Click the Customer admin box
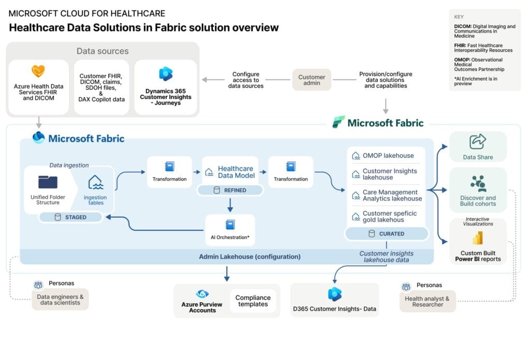coord(312,80)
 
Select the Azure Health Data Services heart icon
coord(38,71)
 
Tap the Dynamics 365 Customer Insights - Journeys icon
coord(166,74)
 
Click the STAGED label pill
coord(70,217)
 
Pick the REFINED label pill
coord(230,190)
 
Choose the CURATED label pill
coord(386,234)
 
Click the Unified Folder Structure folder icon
coord(48,182)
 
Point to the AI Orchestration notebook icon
coord(230,225)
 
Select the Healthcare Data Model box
coord(230,172)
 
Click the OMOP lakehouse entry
coord(387,155)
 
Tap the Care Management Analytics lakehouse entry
coord(387,195)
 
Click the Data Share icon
coord(478,142)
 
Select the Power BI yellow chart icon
coord(478,238)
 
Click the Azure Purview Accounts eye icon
coord(202,294)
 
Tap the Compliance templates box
coord(253,301)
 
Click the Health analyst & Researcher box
coord(428,301)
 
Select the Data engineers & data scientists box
coord(60,299)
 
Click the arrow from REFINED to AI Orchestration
coord(230,205)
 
